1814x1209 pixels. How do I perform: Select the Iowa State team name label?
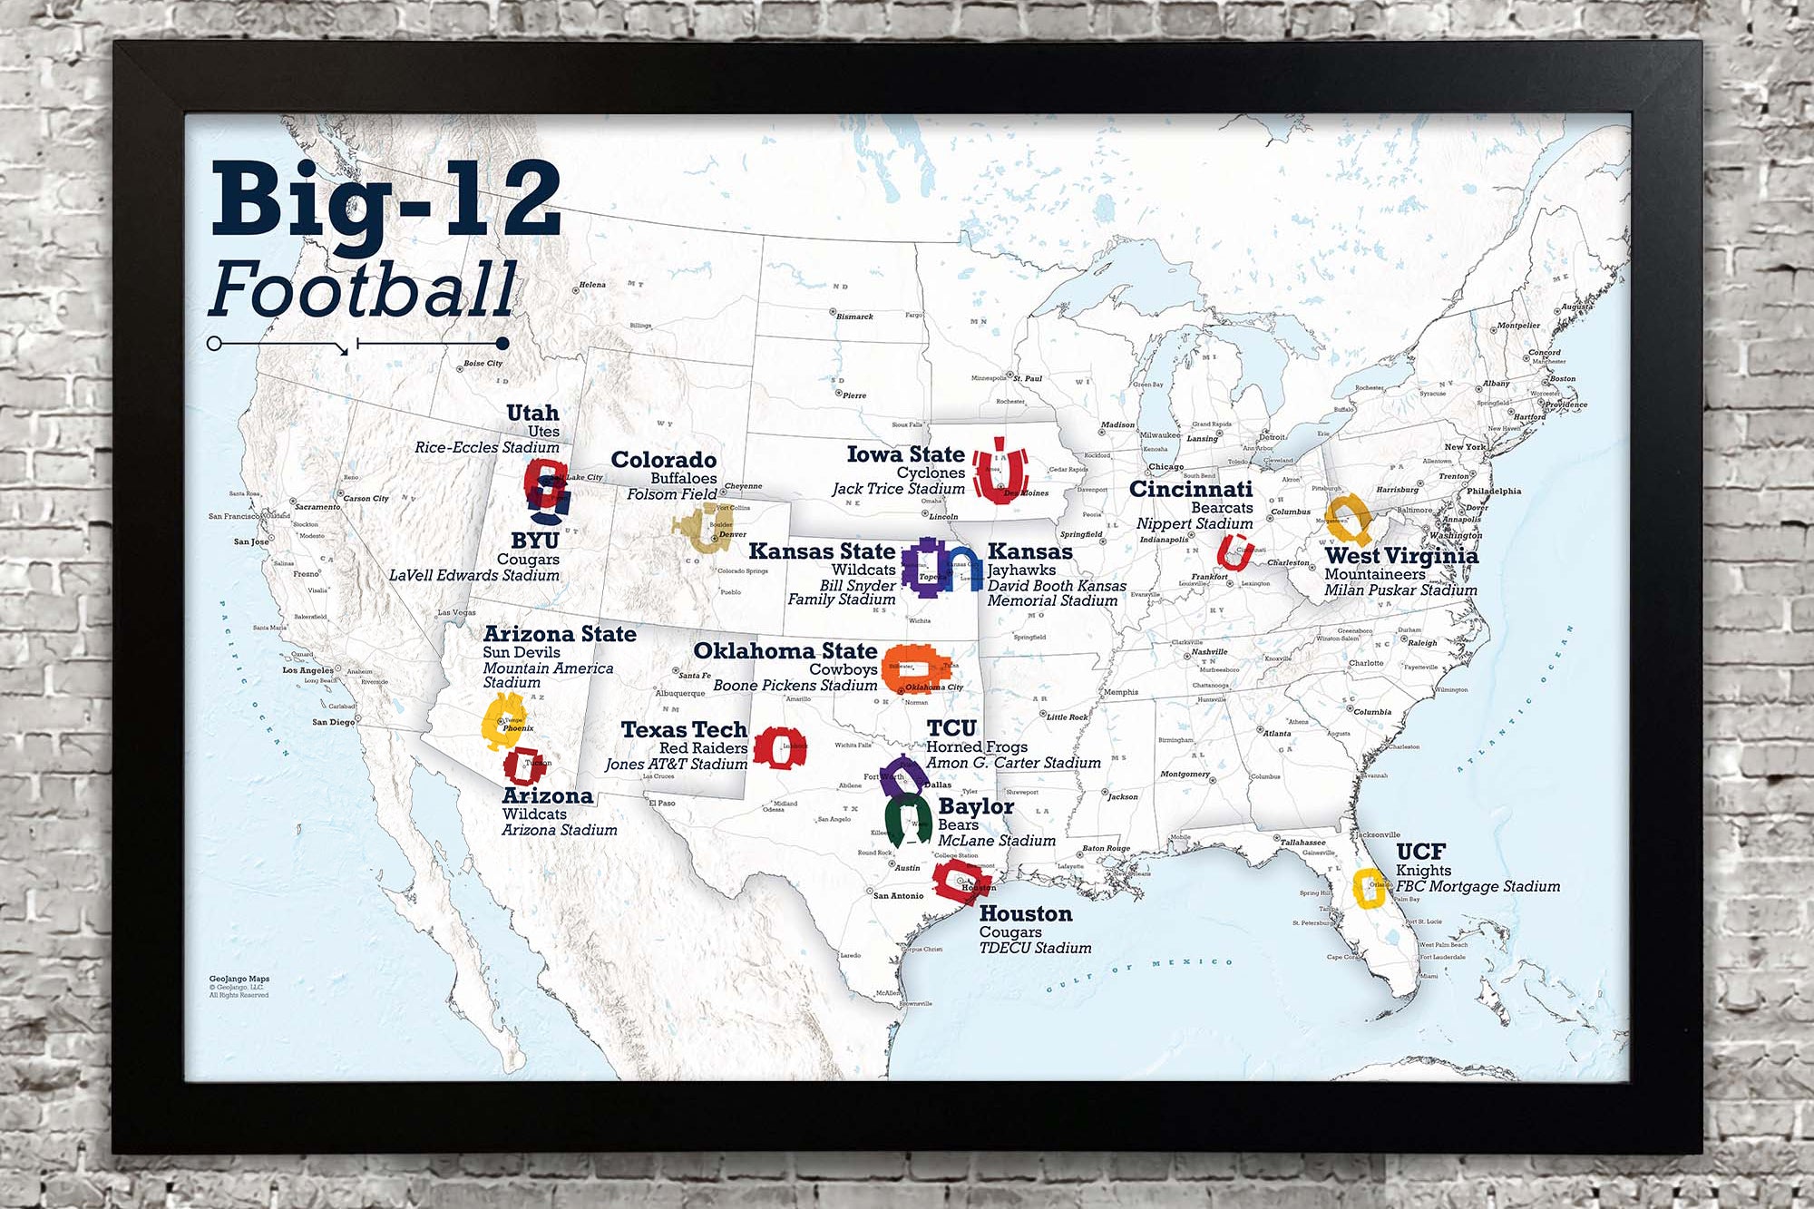(904, 454)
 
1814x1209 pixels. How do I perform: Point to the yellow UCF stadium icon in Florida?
(1368, 888)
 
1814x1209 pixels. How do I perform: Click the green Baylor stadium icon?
(907, 819)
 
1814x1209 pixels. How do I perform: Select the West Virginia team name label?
(1400, 556)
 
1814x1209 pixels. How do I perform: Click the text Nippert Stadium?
(1194, 524)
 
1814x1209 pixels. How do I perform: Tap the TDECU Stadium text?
(1035, 948)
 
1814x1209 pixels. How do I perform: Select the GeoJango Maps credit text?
(239, 979)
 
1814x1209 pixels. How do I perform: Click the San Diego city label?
(333, 722)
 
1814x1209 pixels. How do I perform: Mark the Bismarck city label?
(854, 317)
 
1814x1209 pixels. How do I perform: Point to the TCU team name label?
(951, 728)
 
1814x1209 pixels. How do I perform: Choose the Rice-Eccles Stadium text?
(487, 447)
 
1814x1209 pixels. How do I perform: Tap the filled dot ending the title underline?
(502, 343)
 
